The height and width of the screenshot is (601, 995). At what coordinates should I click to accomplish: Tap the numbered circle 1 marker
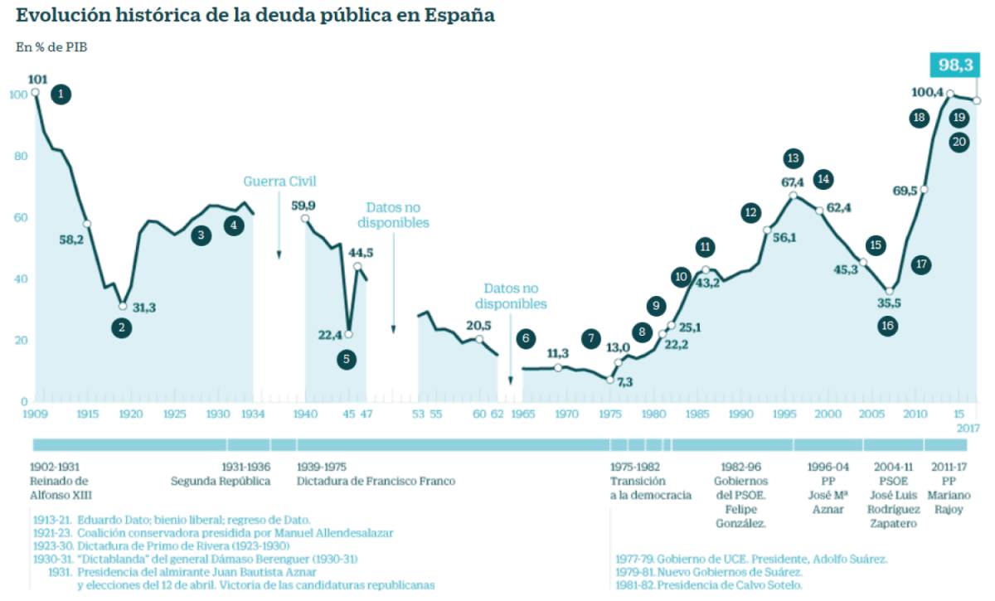60,95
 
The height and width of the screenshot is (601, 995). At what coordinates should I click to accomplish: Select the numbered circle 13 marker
794,158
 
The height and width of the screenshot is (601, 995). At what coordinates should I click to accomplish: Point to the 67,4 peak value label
794,182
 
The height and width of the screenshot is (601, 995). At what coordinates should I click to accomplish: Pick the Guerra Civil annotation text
279,182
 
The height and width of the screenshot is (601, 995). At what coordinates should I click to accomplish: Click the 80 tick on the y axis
18,156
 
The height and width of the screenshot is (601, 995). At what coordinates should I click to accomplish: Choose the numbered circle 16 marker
888,326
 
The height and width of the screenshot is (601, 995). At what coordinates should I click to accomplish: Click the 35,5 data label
889,303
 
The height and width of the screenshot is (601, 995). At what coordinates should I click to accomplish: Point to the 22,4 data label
329,335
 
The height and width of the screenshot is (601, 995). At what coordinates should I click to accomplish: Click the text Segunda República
221,481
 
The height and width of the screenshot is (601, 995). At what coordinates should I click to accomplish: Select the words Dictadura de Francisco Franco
376,481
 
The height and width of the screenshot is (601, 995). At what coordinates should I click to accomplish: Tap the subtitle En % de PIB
51,47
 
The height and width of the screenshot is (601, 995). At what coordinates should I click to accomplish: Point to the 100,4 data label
927,92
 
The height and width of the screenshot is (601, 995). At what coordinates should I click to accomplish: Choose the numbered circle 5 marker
347,360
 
